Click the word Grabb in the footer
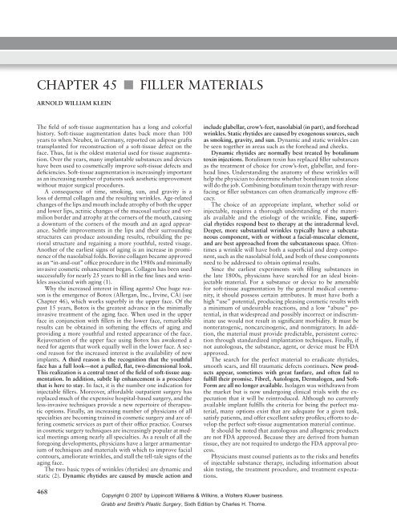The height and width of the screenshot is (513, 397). [x=132, y=507]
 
